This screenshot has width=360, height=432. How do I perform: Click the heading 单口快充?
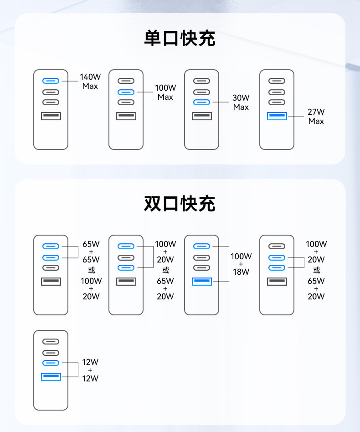point(180,38)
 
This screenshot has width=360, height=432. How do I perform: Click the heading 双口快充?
point(180,204)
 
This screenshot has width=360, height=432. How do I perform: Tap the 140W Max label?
point(90,81)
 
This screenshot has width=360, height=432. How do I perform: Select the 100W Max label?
point(165,92)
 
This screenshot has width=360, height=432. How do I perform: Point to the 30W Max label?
point(241,102)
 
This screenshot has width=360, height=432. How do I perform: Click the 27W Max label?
point(316,116)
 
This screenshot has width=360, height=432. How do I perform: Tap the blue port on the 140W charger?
point(51,81)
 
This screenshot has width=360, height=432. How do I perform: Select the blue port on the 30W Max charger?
point(201,102)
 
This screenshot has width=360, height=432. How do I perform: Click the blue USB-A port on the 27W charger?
point(277,116)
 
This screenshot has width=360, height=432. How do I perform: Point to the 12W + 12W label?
point(90,370)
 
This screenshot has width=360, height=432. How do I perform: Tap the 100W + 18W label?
point(241,264)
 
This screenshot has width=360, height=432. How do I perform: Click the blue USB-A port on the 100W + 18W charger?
point(201,281)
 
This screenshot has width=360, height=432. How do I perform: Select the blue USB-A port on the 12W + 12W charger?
point(51,377)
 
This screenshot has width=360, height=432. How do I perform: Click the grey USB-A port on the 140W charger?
point(51,116)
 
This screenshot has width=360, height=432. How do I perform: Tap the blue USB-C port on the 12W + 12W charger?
point(51,363)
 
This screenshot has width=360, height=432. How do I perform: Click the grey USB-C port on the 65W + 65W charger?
point(51,267)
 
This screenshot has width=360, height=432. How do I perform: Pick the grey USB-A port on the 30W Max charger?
point(201,116)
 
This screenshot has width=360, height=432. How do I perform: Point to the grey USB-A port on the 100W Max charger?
point(126,116)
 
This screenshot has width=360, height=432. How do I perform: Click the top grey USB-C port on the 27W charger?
point(277,81)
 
